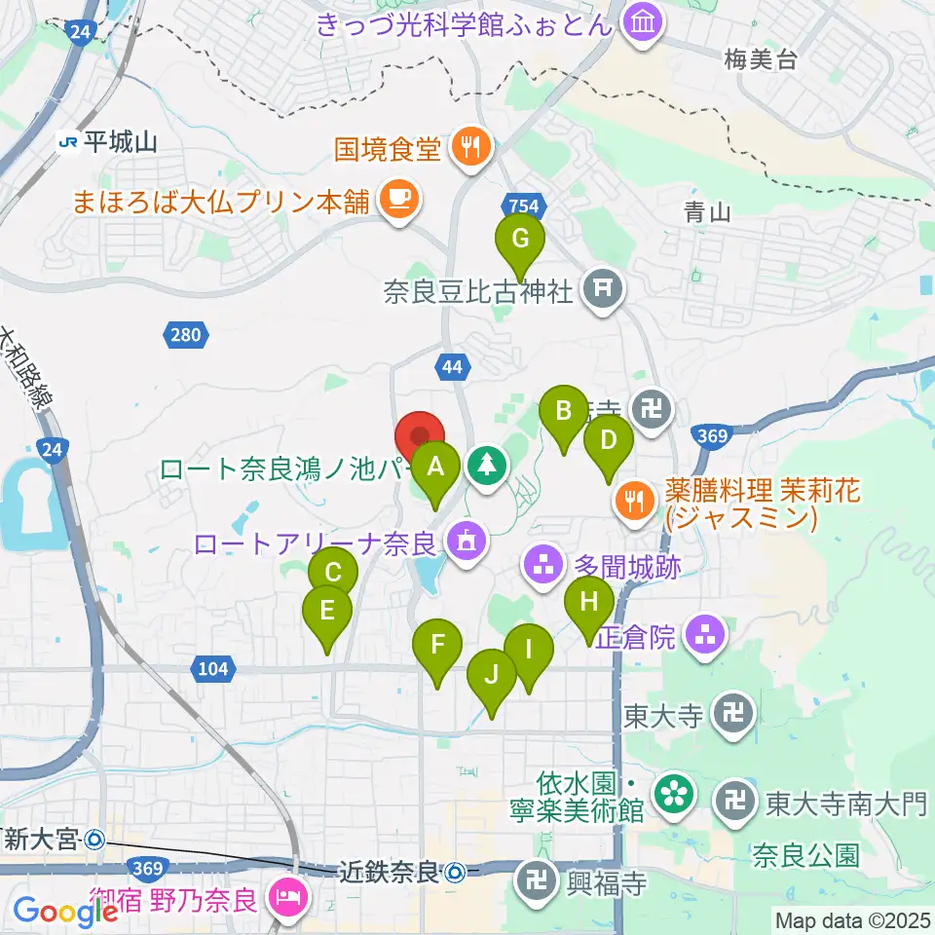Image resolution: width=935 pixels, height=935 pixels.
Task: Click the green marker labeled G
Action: coord(520,239)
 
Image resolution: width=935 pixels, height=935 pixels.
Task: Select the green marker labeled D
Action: coord(608,440)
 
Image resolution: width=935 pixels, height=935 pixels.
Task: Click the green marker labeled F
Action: coord(437,645)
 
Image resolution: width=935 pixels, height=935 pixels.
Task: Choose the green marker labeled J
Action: coord(492,674)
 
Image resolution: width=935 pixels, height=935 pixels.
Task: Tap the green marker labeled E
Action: coord(326,612)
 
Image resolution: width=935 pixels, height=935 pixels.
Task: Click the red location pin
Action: coord(420,434)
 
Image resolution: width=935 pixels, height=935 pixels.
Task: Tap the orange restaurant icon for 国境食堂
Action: coord(471,148)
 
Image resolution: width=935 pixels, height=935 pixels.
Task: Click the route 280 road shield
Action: coord(184,336)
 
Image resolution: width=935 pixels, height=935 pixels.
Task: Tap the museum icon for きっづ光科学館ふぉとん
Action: coord(643,22)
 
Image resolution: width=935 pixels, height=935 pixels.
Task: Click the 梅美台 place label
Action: coord(761,60)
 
